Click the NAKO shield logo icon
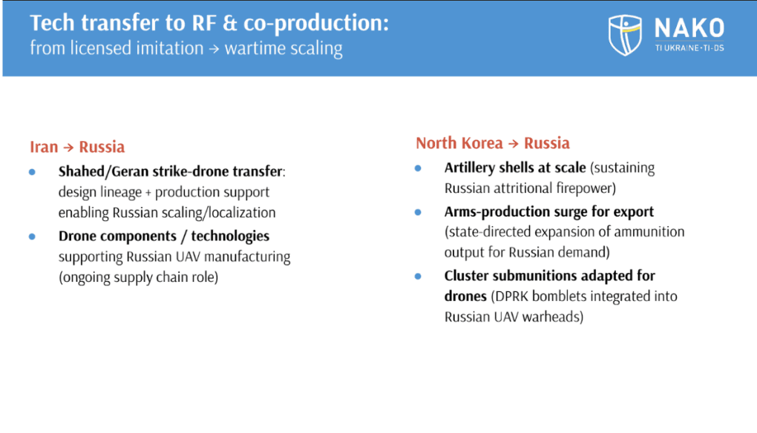point(626,34)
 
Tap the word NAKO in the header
point(689,28)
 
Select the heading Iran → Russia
point(77,146)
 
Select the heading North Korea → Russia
point(493,142)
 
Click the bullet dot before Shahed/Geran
point(32,171)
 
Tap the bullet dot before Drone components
point(32,236)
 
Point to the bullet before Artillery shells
point(418,168)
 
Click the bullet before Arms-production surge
point(418,211)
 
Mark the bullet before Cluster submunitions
point(418,276)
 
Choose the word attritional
point(529,188)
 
